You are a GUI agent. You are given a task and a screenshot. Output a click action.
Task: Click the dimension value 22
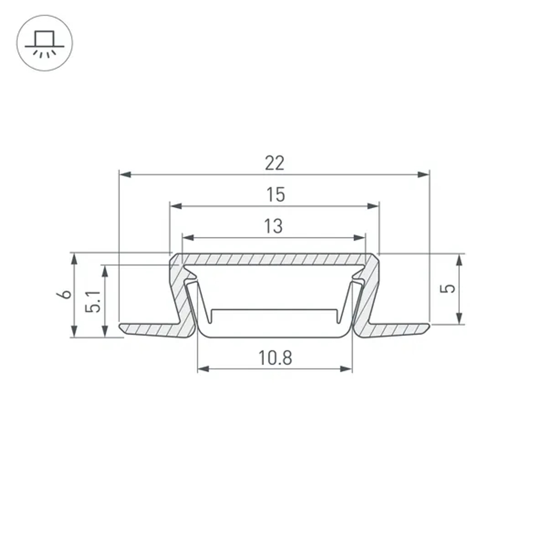274,163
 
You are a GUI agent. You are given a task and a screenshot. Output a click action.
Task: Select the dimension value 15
276,195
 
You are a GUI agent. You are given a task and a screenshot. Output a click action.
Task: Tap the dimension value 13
273,226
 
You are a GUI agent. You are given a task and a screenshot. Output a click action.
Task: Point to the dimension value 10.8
276,358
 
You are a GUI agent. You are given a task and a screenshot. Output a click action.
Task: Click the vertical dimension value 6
66,294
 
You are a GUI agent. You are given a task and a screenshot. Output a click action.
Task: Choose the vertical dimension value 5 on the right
450,288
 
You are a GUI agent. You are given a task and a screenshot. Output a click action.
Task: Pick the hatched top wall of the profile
274,259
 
